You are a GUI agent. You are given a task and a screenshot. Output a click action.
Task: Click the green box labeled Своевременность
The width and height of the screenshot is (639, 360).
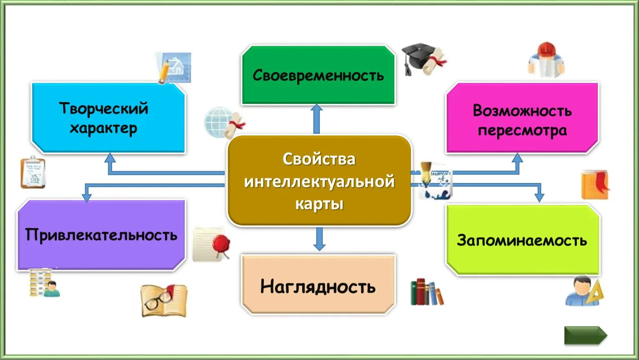[x=318, y=75]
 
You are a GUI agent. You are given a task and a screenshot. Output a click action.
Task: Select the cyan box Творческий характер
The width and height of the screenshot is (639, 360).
[x=108, y=118]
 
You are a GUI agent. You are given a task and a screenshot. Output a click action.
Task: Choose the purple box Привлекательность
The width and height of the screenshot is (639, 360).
[x=101, y=235]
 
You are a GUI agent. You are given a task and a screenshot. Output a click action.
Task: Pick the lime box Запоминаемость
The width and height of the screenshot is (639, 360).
[x=522, y=240]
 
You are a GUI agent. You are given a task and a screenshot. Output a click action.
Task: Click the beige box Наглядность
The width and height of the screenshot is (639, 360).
[x=318, y=286]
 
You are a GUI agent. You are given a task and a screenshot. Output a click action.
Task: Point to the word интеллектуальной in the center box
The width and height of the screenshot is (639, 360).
[x=319, y=182]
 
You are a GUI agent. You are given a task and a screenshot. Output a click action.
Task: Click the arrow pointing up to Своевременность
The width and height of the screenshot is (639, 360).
[x=317, y=119]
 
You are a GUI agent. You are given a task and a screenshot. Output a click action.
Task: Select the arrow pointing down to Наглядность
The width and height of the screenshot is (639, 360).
[x=319, y=239]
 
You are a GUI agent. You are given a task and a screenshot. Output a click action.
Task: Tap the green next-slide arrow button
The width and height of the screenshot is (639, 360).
[x=585, y=335]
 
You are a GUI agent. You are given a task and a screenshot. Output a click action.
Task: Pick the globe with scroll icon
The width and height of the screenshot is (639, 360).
[x=224, y=123]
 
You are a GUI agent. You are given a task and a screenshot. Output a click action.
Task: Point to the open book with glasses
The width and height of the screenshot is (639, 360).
[x=163, y=300]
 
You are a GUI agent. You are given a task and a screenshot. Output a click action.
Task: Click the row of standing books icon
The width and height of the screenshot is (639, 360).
[x=426, y=292]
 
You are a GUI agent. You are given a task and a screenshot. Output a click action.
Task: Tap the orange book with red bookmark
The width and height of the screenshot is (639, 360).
[x=595, y=185]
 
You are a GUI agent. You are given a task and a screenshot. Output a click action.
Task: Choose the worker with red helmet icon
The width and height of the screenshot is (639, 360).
[x=546, y=60]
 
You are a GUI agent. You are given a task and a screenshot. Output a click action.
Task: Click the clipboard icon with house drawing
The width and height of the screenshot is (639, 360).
[x=33, y=172]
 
